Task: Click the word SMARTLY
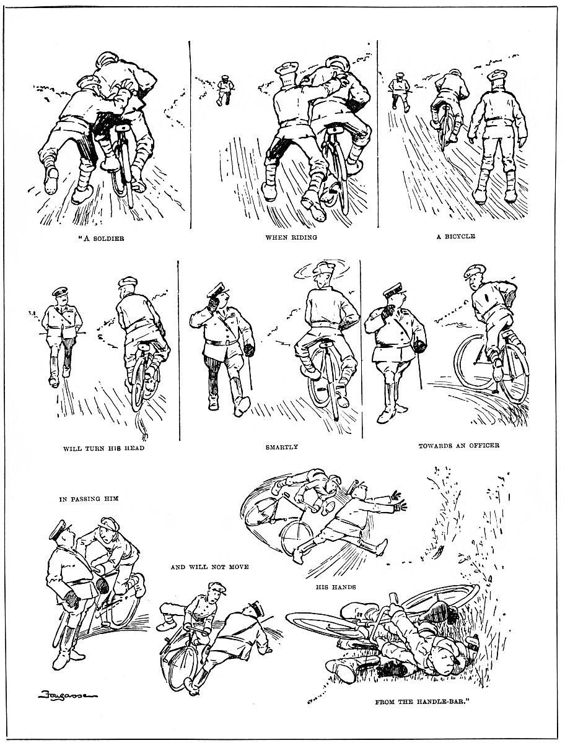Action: point(281,447)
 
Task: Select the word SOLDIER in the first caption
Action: point(108,238)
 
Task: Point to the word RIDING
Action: point(303,237)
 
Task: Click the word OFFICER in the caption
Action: point(484,445)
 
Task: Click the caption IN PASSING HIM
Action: point(89,498)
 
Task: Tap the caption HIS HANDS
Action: point(336,587)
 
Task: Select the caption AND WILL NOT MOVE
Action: point(210,567)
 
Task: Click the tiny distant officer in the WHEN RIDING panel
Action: point(224,90)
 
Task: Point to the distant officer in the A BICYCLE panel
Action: point(400,92)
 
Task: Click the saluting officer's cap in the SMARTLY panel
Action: point(217,289)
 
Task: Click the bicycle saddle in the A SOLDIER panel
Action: point(123,128)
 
